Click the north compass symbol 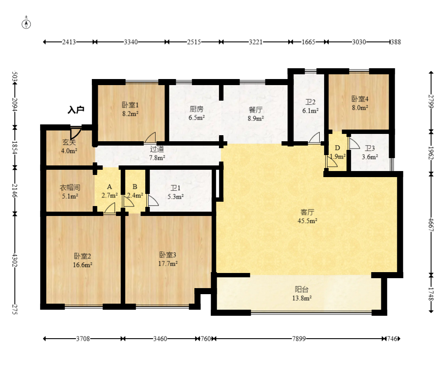26,24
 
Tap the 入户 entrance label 76,110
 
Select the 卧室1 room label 130,105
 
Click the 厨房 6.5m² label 197,113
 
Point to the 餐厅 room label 256,110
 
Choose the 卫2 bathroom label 310,102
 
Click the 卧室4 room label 360,99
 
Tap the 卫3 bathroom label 370,148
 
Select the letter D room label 337,148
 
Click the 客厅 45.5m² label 307,216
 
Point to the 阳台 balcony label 302,289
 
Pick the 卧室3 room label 168,255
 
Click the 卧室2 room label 82,256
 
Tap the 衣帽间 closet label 70,187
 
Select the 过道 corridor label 157,149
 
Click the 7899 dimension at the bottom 299,339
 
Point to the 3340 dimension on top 131,42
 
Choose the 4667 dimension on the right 431,225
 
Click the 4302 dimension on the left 15,260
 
